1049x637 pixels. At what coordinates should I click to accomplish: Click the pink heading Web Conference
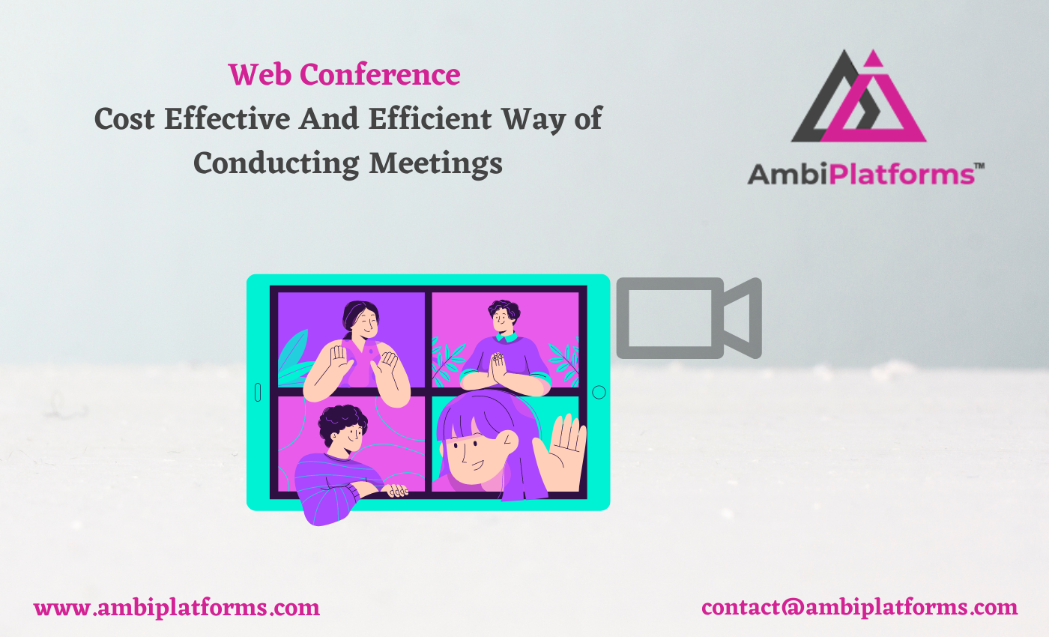(344, 75)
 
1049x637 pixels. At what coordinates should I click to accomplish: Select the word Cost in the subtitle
(124, 119)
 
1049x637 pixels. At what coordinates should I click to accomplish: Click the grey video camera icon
(688, 318)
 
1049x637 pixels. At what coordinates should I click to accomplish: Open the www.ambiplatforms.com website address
(177, 607)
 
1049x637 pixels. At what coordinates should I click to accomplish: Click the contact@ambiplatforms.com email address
(859, 607)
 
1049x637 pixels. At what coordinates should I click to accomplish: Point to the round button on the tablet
(599, 392)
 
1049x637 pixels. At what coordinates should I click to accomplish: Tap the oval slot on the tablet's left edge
(258, 392)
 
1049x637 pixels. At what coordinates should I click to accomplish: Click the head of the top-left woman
(361, 320)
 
